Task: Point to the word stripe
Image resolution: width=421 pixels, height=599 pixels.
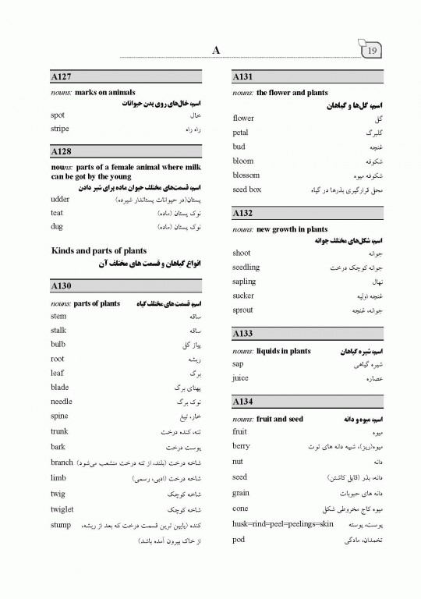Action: pos(59,129)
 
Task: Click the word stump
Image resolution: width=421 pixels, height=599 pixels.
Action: pos(62,525)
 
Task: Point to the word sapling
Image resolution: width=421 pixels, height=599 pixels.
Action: pos(244,282)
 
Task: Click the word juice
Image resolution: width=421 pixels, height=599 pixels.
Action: pos(241,378)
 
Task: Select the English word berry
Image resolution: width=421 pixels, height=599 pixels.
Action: pos(241,446)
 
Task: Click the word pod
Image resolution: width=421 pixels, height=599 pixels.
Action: pos(239,540)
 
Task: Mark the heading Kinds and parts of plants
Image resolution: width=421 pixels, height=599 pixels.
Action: pos(98,250)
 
